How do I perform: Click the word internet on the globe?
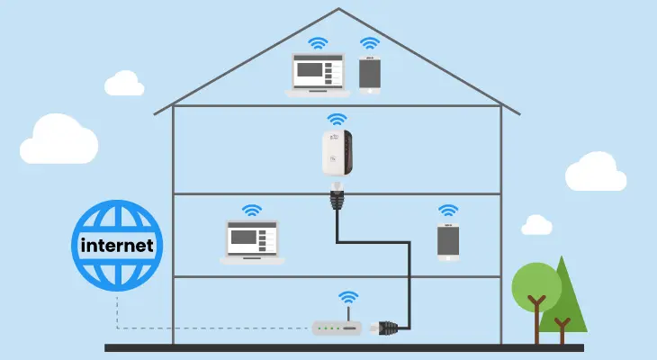pyautogui.click(x=117, y=245)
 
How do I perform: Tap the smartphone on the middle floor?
pyautogui.click(x=447, y=241)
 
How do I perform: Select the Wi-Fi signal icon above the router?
pyautogui.click(x=347, y=298)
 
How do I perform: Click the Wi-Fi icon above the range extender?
pyautogui.click(x=336, y=119)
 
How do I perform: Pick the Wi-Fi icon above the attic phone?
pyautogui.click(x=369, y=42)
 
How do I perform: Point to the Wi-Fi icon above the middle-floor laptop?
pyautogui.click(x=252, y=211)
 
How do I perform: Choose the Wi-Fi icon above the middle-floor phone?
pyautogui.click(x=447, y=211)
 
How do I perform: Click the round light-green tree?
pyautogui.click(x=536, y=286)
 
